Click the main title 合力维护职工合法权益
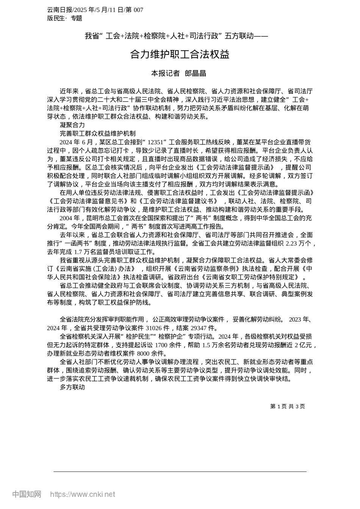[180, 55]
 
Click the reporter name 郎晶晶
[195, 73]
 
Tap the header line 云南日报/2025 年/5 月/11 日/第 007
[95, 10]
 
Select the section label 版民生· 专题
[64, 18]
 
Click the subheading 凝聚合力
[72, 125]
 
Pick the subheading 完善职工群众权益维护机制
[97, 133]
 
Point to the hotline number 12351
[155, 142]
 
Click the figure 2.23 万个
[298, 244]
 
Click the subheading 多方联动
[72, 387]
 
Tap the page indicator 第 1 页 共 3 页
[287, 406]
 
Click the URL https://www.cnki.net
[83, 494]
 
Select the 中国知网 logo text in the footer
[27, 494]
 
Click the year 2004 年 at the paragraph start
[70, 218]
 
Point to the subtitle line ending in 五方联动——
[176, 36]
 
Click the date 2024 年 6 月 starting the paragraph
[76, 142]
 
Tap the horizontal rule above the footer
[180, 472]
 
